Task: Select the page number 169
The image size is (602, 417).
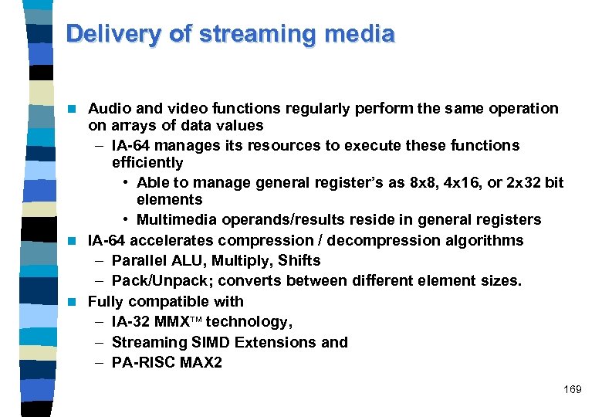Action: click(572, 390)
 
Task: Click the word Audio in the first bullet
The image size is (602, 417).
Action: click(110, 108)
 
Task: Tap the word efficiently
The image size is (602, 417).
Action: click(147, 162)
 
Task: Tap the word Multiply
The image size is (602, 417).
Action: click(244, 260)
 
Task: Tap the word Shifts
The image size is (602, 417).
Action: click(299, 260)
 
